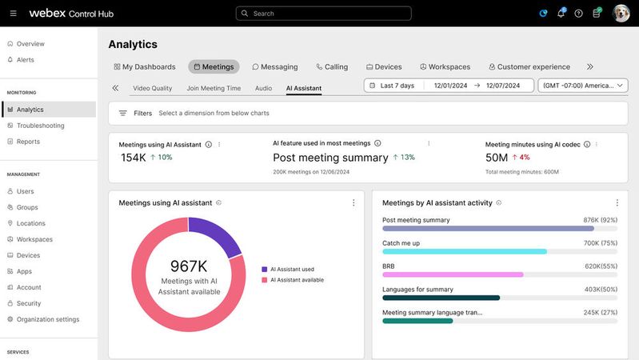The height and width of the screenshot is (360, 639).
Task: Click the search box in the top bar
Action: [x=323, y=14]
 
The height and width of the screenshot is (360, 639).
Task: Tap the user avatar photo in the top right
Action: [x=621, y=14]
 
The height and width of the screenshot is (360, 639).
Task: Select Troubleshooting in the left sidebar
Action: [x=40, y=126]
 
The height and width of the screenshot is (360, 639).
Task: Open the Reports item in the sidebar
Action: [x=28, y=142]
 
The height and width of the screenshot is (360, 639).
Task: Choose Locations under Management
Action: [x=30, y=223]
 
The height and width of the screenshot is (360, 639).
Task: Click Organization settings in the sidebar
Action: [x=48, y=319]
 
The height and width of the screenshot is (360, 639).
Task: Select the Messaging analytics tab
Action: [x=275, y=67]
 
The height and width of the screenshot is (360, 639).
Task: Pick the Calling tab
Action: [x=332, y=67]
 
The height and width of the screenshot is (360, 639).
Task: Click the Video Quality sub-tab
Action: [x=152, y=88]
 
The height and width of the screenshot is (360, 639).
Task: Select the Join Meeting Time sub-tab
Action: [x=214, y=88]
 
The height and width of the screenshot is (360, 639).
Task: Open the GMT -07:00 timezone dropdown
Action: [x=582, y=86]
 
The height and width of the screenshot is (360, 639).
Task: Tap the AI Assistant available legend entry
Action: [x=297, y=280]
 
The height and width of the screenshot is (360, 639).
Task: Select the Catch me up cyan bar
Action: [x=464, y=251]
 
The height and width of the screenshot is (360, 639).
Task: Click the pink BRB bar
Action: [x=453, y=274]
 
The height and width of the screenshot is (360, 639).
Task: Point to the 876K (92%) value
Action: [x=600, y=220]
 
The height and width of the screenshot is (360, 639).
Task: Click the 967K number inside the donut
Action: [x=189, y=266]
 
